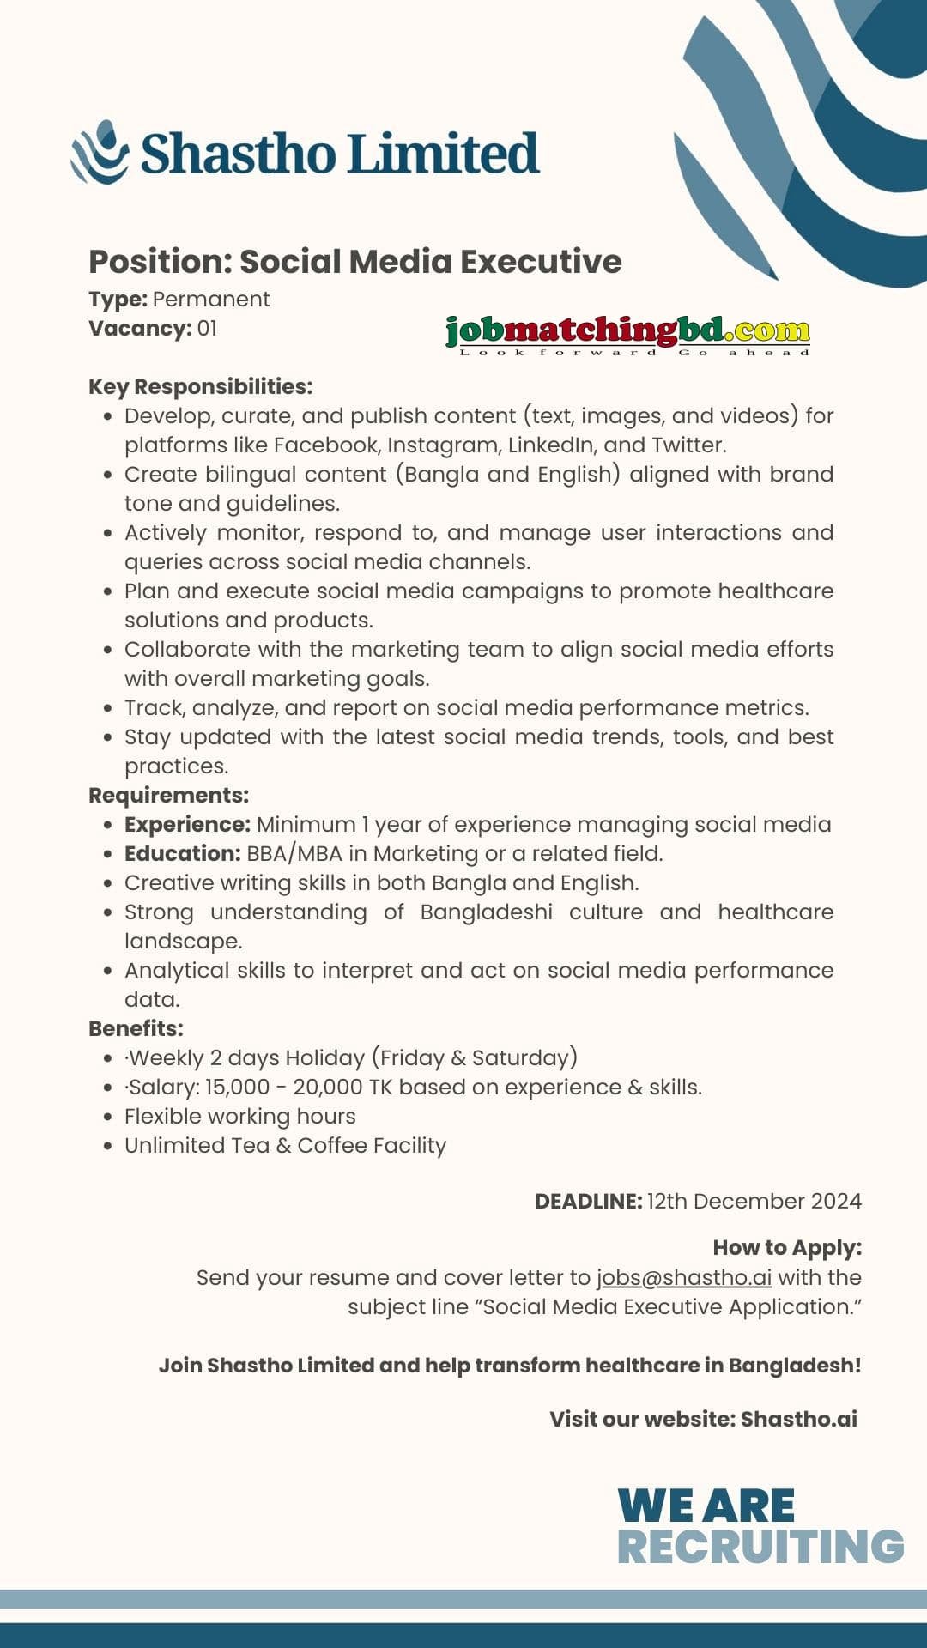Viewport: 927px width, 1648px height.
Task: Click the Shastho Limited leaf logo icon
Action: tap(100, 153)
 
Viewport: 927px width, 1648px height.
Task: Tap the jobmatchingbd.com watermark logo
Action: tap(627, 333)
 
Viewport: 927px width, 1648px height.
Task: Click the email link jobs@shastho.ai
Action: tap(684, 1277)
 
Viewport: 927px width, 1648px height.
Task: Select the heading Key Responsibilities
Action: tap(200, 386)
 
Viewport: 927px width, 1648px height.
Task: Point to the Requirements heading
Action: tap(168, 795)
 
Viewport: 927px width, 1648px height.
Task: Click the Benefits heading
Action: tap(136, 1028)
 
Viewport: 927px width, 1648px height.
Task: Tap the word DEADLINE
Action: tap(588, 1201)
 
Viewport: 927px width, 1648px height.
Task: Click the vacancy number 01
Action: tap(207, 328)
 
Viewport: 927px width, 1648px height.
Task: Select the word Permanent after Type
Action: tap(211, 299)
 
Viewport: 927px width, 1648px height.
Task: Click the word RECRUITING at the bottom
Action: tap(760, 1547)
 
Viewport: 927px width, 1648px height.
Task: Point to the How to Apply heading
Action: tap(787, 1247)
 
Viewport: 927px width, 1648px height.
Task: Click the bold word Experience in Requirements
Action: tap(187, 824)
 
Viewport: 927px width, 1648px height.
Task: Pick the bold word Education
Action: tap(182, 853)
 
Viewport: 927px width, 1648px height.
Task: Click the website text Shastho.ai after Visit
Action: tap(798, 1419)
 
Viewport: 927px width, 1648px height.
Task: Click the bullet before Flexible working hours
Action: tap(107, 1117)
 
